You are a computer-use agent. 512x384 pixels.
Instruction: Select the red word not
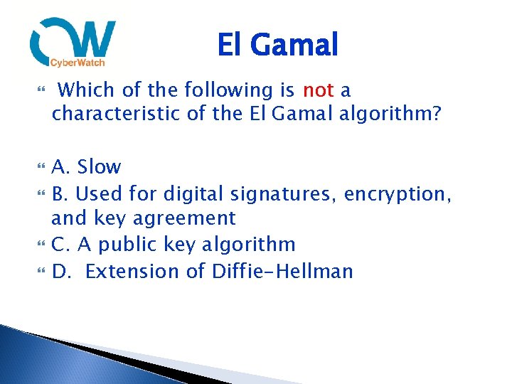[x=318, y=90]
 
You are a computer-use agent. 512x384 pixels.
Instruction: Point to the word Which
[x=82, y=90]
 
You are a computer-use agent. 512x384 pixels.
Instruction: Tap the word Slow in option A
[x=99, y=167]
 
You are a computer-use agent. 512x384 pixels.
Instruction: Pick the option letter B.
[x=59, y=193]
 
